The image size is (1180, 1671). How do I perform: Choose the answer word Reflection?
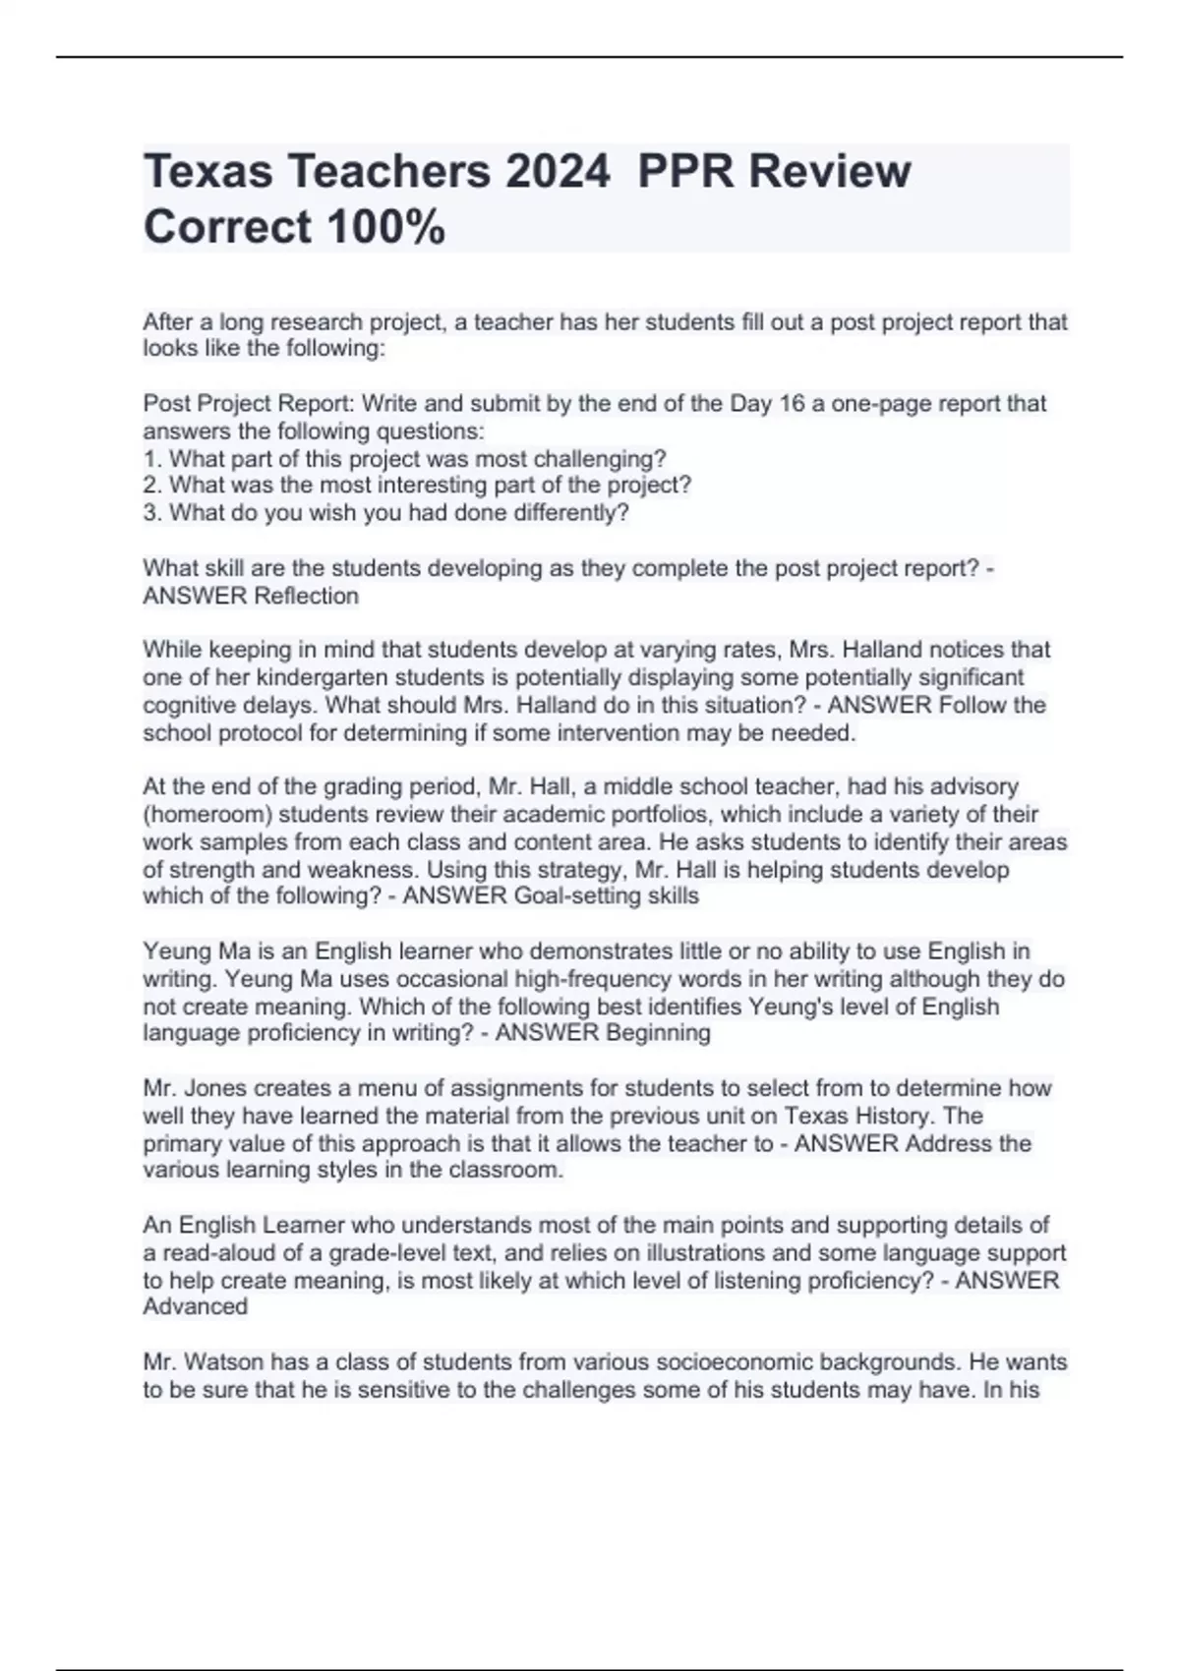pyautogui.click(x=306, y=596)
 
